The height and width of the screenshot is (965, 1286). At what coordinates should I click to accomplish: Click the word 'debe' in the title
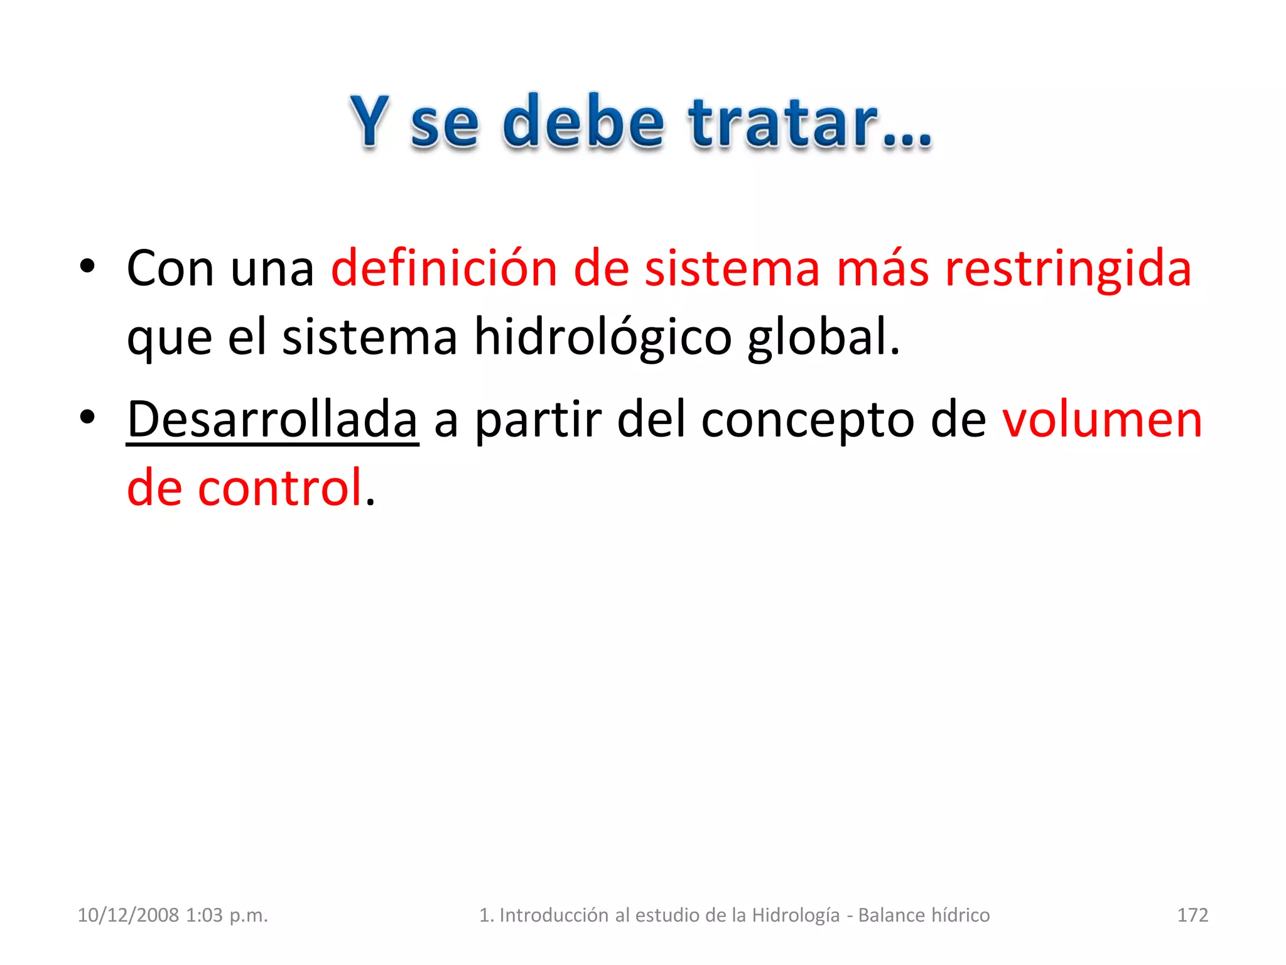tap(583, 122)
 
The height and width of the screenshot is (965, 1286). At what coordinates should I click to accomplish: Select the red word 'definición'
tap(444, 269)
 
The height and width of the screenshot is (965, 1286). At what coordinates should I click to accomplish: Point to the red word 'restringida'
tap(1067, 269)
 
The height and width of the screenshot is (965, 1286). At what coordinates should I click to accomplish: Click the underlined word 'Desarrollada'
tap(272, 420)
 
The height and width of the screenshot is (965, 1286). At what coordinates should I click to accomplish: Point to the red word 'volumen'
tap(1102, 420)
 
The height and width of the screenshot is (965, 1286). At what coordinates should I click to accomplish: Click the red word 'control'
tap(280, 488)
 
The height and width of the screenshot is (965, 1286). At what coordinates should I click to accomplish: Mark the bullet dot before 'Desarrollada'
tap(87, 417)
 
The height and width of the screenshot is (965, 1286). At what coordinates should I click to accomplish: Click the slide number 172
tap(1192, 915)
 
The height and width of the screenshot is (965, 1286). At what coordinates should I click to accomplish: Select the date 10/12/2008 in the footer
tap(128, 915)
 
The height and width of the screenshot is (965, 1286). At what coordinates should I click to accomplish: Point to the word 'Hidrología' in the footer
tap(796, 915)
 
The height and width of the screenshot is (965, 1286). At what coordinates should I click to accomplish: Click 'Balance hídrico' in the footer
tap(924, 915)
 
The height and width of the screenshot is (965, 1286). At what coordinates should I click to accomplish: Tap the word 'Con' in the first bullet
tap(170, 269)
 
